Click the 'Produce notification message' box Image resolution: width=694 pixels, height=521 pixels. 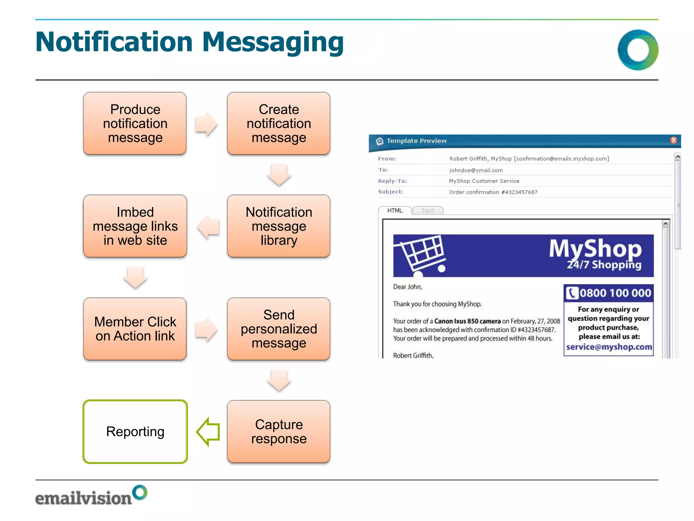(135, 123)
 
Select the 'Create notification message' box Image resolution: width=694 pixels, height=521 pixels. (279, 123)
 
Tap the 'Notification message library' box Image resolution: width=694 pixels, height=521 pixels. (279, 226)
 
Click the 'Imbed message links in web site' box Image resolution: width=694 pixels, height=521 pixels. (135, 226)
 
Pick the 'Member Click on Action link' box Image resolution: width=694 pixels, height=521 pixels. (135, 329)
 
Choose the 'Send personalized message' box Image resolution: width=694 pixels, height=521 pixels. (279, 329)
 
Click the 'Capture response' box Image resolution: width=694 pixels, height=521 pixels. (279, 431)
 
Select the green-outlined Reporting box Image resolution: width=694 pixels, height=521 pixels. (135, 431)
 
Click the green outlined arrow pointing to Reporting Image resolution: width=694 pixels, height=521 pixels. (208, 431)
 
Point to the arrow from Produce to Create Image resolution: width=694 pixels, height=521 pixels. (206, 124)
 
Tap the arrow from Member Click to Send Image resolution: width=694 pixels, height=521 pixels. (206, 329)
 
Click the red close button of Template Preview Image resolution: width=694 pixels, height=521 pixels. (673, 140)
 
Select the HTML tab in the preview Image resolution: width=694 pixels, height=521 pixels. (395, 211)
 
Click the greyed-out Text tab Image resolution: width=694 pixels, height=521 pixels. (428, 211)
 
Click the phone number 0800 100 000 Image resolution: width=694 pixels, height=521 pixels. (615, 293)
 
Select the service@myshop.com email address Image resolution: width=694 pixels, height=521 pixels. (609, 347)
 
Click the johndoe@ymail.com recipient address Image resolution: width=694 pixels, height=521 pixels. (476, 170)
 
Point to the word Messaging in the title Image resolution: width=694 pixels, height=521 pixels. (273, 42)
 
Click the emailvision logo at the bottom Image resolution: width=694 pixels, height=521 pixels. (91, 496)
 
